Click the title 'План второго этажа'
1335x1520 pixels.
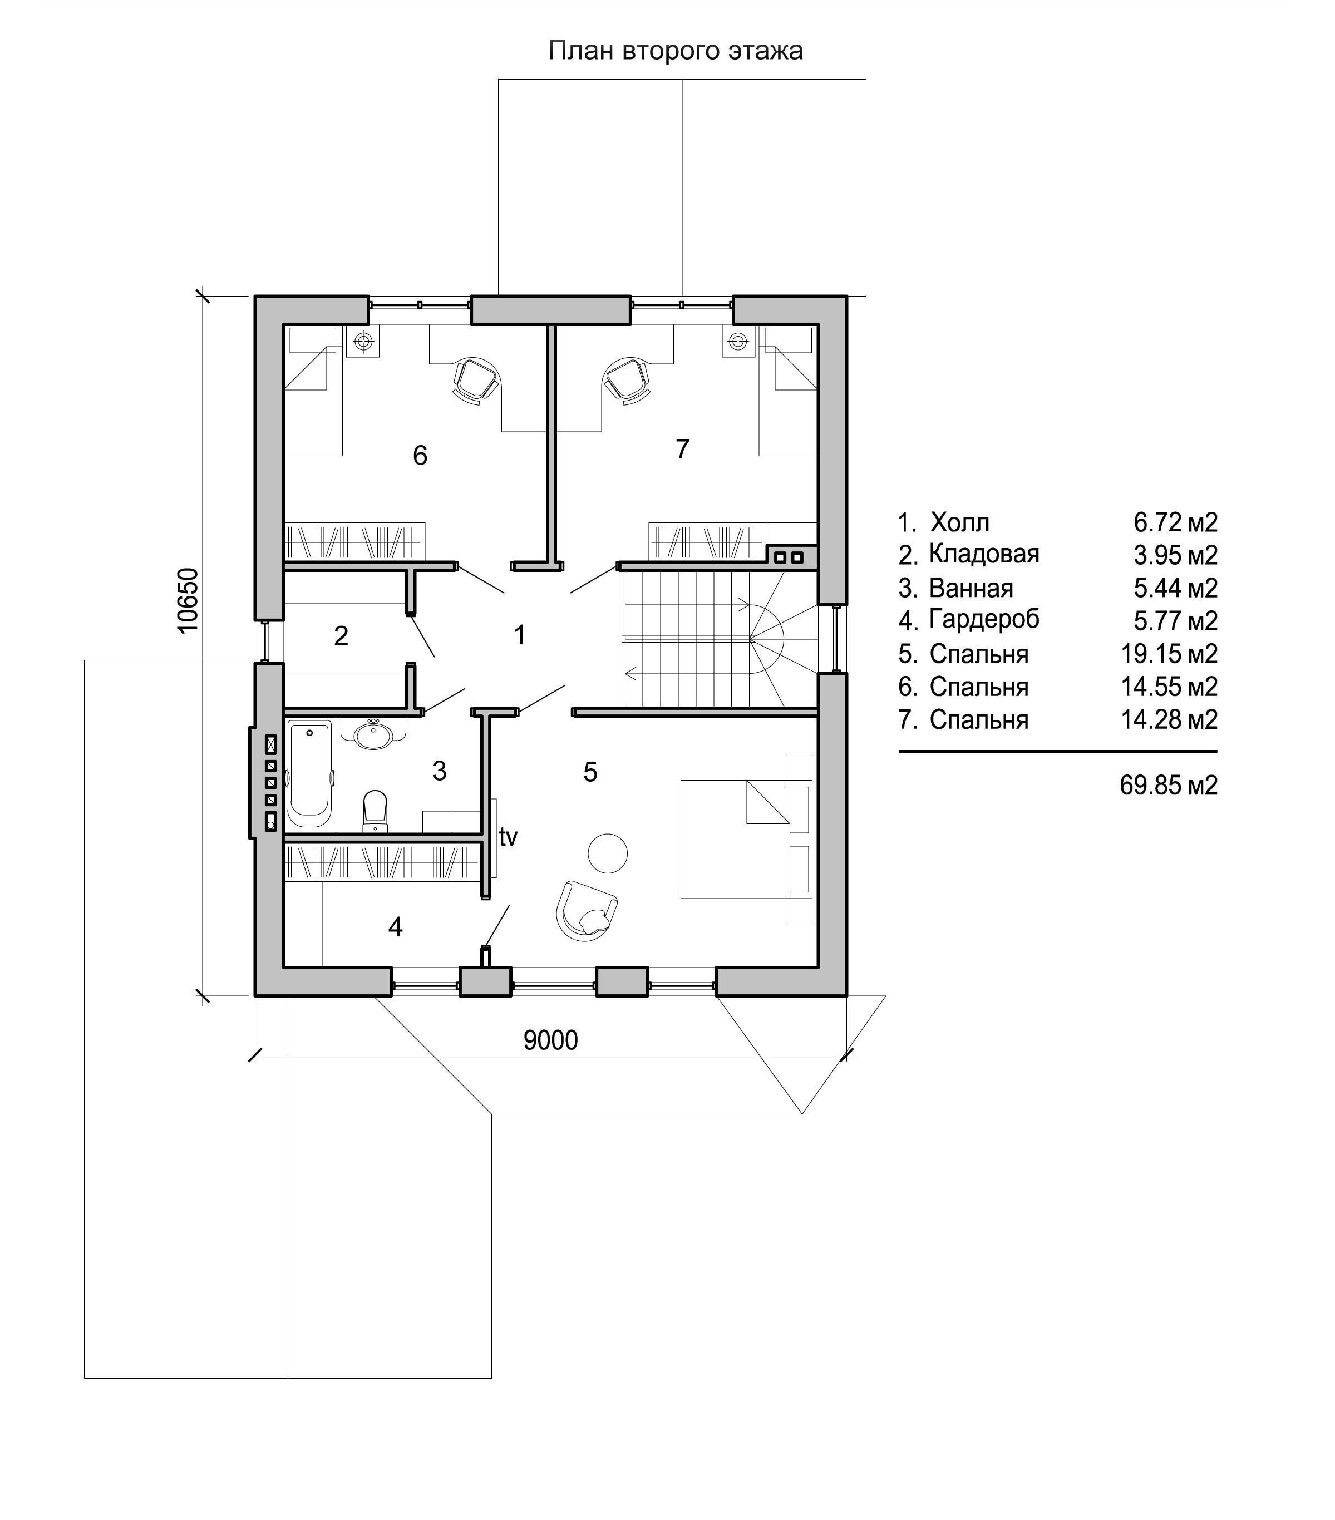[676, 51]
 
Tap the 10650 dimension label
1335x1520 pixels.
[189, 600]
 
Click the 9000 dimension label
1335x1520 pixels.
[550, 1040]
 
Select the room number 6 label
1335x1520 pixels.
[420, 455]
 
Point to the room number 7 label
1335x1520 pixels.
[682, 449]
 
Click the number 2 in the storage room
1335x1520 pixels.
[341, 636]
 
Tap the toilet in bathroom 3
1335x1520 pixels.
[375, 811]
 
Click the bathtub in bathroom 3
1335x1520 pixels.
[310, 773]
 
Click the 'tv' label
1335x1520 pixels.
[508, 837]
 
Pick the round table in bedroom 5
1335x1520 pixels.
[608, 852]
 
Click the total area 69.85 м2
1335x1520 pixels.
[1169, 785]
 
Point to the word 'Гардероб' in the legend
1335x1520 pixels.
[984, 619]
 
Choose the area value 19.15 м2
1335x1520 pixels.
[1169, 654]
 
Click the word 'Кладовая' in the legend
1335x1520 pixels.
[984, 554]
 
